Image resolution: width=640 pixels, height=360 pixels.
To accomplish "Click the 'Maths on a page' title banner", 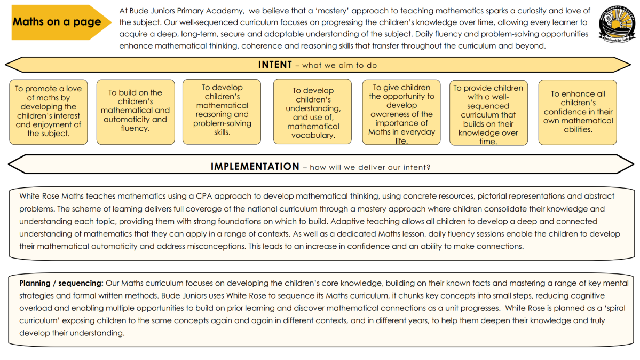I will [57, 22].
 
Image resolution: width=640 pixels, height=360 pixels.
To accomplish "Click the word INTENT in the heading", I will [275, 65].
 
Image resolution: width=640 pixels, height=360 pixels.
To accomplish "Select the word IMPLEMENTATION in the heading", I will [255, 167].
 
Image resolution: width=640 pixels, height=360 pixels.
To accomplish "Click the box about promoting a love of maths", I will [48, 111].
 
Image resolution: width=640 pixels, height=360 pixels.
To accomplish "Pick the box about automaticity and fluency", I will [135, 111].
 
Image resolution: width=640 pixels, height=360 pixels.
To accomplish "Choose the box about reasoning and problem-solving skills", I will [222, 110].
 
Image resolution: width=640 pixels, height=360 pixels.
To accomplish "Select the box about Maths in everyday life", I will [401, 114].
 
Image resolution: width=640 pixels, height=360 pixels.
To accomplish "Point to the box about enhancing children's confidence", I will [578, 111].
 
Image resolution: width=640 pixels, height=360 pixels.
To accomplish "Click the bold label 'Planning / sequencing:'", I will [61, 283].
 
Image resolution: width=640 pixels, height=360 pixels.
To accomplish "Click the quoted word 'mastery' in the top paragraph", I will [347, 11].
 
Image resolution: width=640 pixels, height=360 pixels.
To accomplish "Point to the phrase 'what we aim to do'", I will [339, 66].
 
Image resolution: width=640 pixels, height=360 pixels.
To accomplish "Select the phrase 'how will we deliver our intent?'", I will [370, 167].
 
